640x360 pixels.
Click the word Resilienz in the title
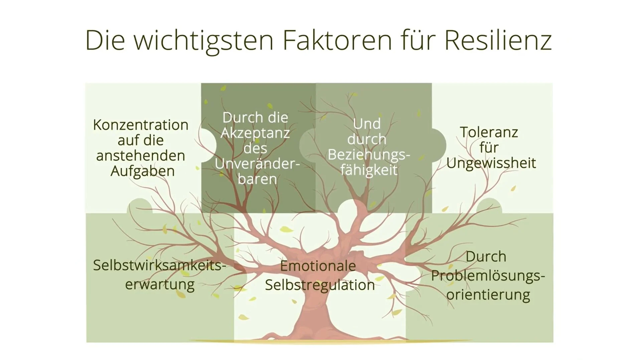click(498, 41)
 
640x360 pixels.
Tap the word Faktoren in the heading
click(337, 41)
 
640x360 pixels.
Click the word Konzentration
click(141, 125)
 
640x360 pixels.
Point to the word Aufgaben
click(143, 171)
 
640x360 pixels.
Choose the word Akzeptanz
click(255, 133)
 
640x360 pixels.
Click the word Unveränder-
click(257, 164)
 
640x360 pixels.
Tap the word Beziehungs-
click(369, 155)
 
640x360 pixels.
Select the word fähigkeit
click(369, 170)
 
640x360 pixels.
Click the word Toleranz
click(489, 132)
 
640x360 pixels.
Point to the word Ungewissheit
click(491, 163)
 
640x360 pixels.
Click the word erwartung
click(160, 285)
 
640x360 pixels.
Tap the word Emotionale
click(318, 266)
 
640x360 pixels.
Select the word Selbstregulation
click(320, 285)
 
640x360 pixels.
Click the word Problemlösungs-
click(488, 276)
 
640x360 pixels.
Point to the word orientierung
click(488, 295)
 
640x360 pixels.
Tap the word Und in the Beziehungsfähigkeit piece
click(367, 124)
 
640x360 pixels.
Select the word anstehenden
click(141, 156)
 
